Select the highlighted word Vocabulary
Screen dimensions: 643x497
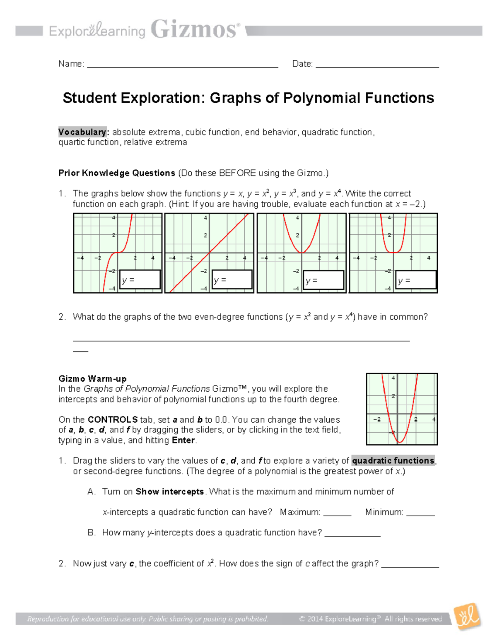click(x=82, y=132)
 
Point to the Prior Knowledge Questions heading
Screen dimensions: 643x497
click(x=117, y=173)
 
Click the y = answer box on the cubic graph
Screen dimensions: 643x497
click(x=140, y=280)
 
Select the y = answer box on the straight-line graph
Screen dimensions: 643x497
click(x=232, y=280)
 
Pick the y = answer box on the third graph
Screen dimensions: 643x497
click(x=324, y=280)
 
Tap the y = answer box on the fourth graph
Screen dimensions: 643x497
click(x=416, y=280)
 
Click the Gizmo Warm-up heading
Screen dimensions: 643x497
click(x=92, y=378)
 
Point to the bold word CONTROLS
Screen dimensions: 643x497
click(x=113, y=419)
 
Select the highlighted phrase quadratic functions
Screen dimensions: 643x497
click(x=393, y=460)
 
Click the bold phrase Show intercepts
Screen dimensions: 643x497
click(x=170, y=491)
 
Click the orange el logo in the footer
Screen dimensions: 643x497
click(x=467, y=617)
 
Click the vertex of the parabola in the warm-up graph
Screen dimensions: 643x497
click(x=400, y=442)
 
